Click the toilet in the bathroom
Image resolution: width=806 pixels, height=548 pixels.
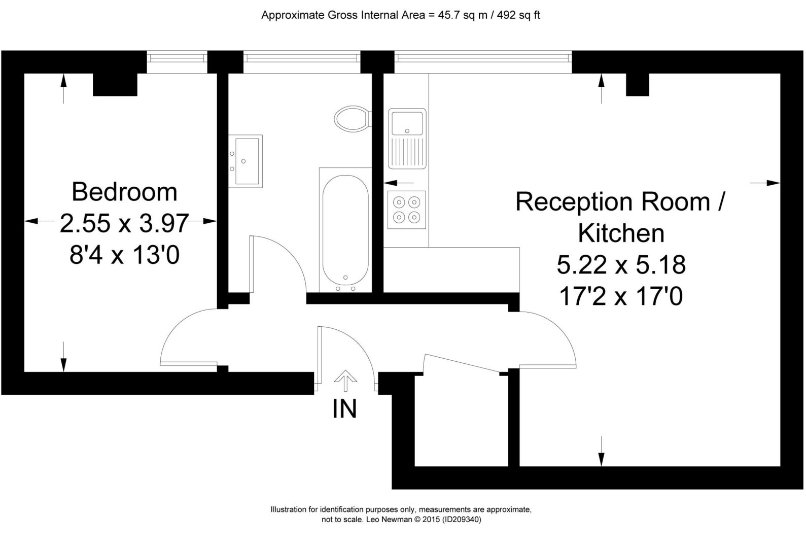352,118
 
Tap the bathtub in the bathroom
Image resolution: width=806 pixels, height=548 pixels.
345,230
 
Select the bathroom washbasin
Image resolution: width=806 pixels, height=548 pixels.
246,161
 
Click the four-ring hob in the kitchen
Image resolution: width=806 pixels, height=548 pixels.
407,210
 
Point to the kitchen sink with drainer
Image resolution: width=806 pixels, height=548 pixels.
407,139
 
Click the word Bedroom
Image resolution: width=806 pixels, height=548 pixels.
124,192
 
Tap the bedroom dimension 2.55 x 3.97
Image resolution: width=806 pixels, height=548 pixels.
124,223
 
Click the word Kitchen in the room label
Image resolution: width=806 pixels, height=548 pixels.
621,233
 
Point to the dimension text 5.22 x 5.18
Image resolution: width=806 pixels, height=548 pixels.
621,265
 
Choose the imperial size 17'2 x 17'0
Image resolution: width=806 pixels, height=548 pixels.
621,296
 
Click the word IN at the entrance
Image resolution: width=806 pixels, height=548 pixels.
345,408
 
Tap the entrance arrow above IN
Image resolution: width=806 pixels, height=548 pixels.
345,381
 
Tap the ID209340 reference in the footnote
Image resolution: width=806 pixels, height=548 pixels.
461,520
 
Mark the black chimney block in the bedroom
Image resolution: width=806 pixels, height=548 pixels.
115,85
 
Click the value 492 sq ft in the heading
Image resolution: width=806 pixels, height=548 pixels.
518,15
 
